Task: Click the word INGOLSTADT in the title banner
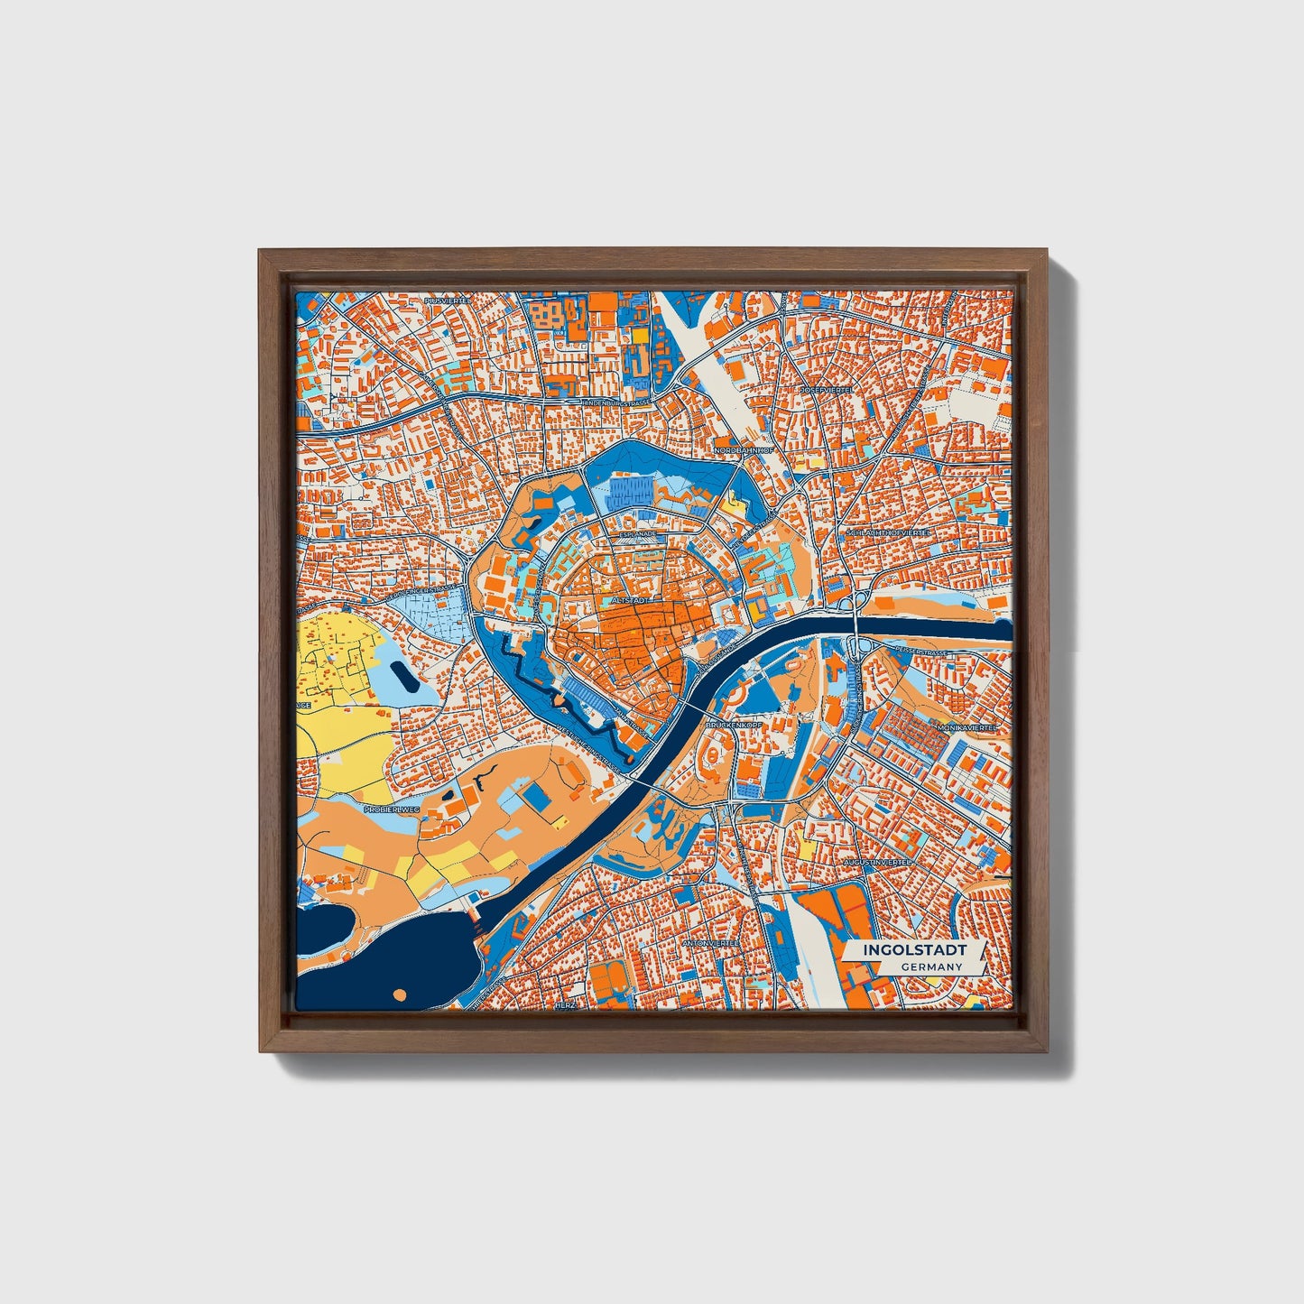click(914, 950)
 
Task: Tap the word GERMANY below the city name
click(931, 966)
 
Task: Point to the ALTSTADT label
click(630, 598)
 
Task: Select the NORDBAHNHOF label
click(744, 449)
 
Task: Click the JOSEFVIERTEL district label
click(826, 390)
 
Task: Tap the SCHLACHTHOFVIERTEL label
click(888, 533)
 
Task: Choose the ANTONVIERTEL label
click(711, 942)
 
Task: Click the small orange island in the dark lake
click(401, 994)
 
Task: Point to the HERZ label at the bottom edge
click(565, 1004)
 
